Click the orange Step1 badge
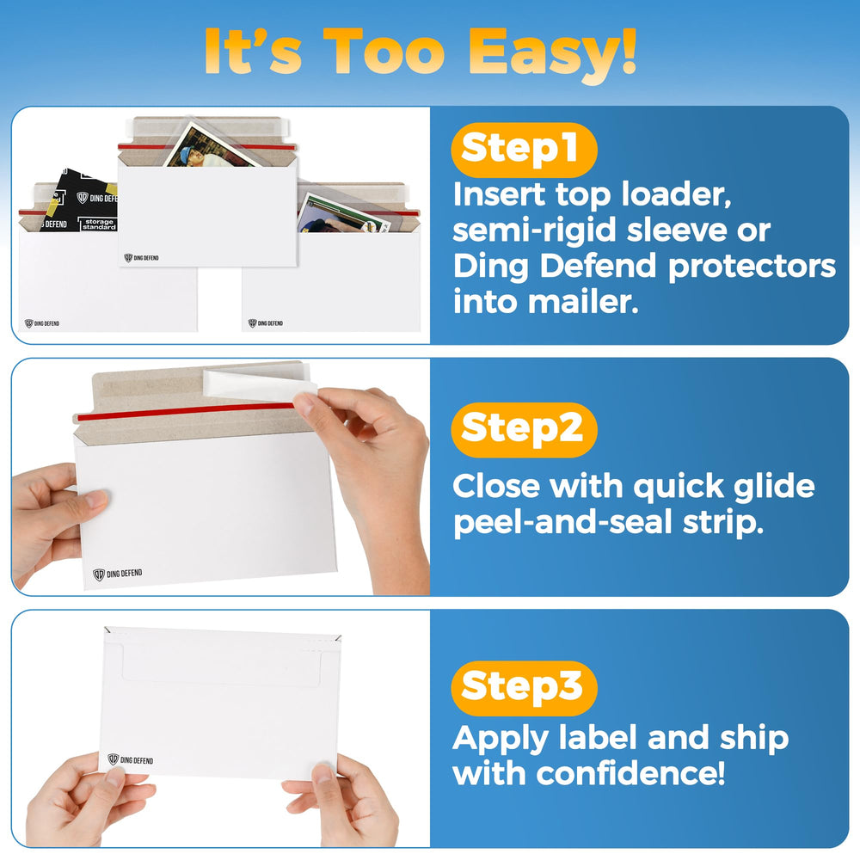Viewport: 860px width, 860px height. click(x=524, y=150)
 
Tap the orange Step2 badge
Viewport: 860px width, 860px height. click(x=524, y=429)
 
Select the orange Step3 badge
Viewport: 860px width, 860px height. click(x=524, y=688)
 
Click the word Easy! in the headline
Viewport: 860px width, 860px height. click(x=552, y=53)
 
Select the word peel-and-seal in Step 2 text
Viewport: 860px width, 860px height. click(x=562, y=523)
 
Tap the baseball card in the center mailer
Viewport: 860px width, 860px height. click(x=212, y=146)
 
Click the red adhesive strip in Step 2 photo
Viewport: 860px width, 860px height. click(x=186, y=411)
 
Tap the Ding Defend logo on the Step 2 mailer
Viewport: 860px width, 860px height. click(x=117, y=574)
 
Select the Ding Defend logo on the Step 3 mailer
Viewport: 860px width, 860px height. click(x=131, y=759)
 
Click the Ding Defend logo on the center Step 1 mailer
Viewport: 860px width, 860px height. click(x=142, y=258)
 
